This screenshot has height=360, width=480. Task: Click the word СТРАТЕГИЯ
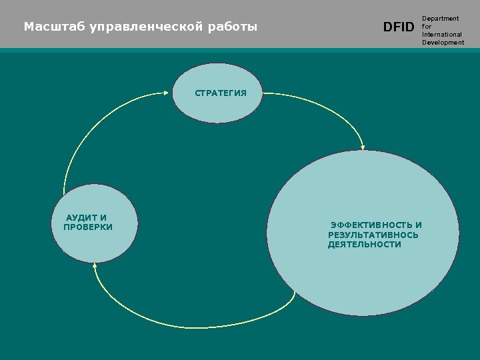220,93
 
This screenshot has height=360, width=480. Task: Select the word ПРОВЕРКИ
88,227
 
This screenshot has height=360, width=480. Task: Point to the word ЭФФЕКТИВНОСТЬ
371,225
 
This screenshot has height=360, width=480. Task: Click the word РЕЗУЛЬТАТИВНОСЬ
373,235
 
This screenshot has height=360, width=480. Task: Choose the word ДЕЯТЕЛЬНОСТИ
365,245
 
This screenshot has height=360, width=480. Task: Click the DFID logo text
399,27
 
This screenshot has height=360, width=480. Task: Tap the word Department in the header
440,19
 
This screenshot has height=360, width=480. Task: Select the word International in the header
442,35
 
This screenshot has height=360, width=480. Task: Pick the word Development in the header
443,43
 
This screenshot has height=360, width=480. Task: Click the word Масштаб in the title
49,27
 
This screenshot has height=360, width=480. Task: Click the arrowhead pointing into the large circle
363,146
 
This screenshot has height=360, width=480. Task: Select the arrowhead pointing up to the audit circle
95,268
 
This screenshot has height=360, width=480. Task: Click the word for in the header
427,27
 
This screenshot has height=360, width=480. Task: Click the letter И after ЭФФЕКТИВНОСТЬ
418,225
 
